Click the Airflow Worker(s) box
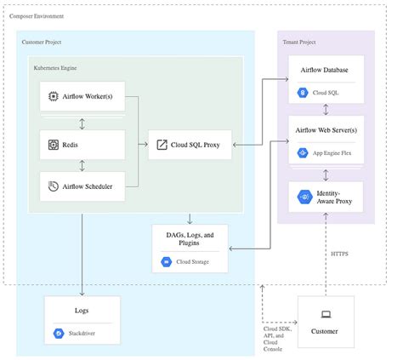point(82,98)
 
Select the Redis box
point(82,145)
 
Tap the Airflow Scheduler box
point(82,186)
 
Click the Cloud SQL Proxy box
point(188,145)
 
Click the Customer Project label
point(42,42)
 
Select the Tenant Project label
point(299,42)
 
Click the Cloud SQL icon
point(303,92)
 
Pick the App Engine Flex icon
point(303,152)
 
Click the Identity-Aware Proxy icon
point(304,197)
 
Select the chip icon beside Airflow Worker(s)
point(53,98)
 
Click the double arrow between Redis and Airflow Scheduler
point(82,165)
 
